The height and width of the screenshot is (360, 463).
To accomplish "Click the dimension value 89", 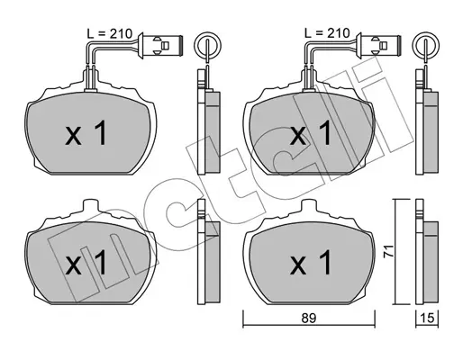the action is click(309, 319).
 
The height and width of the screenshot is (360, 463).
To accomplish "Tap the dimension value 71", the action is click(389, 250).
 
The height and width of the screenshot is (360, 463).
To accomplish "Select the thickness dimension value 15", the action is click(427, 319).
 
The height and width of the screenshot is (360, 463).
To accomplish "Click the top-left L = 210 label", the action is click(110, 33).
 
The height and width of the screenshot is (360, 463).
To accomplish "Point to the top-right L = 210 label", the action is click(327, 32).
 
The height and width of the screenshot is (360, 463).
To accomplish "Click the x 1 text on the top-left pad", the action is click(86, 133).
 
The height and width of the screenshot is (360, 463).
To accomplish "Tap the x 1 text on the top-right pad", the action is click(310, 133).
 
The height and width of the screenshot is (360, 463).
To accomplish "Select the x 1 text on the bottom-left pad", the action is click(86, 263).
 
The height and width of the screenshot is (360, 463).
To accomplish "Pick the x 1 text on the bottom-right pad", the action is click(310, 263).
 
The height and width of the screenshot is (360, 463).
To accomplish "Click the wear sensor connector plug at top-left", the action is click(160, 46).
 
